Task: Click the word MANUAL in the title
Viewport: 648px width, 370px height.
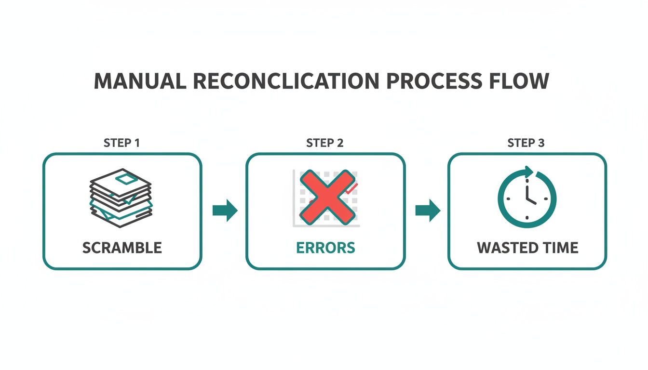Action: click(139, 81)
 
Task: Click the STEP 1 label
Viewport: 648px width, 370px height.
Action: click(122, 143)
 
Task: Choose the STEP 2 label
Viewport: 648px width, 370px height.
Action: click(325, 143)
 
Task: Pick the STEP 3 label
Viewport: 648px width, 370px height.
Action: click(526, 143)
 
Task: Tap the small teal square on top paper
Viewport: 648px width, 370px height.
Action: click(125, 180)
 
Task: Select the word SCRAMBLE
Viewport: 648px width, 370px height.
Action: click(122, 248)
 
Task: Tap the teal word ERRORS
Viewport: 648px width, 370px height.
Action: click(325, 248)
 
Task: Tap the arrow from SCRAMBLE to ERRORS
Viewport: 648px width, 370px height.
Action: click(225, 211)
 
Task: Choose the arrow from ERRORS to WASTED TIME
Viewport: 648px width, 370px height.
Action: click(427, 211)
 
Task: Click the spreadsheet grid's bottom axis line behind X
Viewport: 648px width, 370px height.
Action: click(328, 226)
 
